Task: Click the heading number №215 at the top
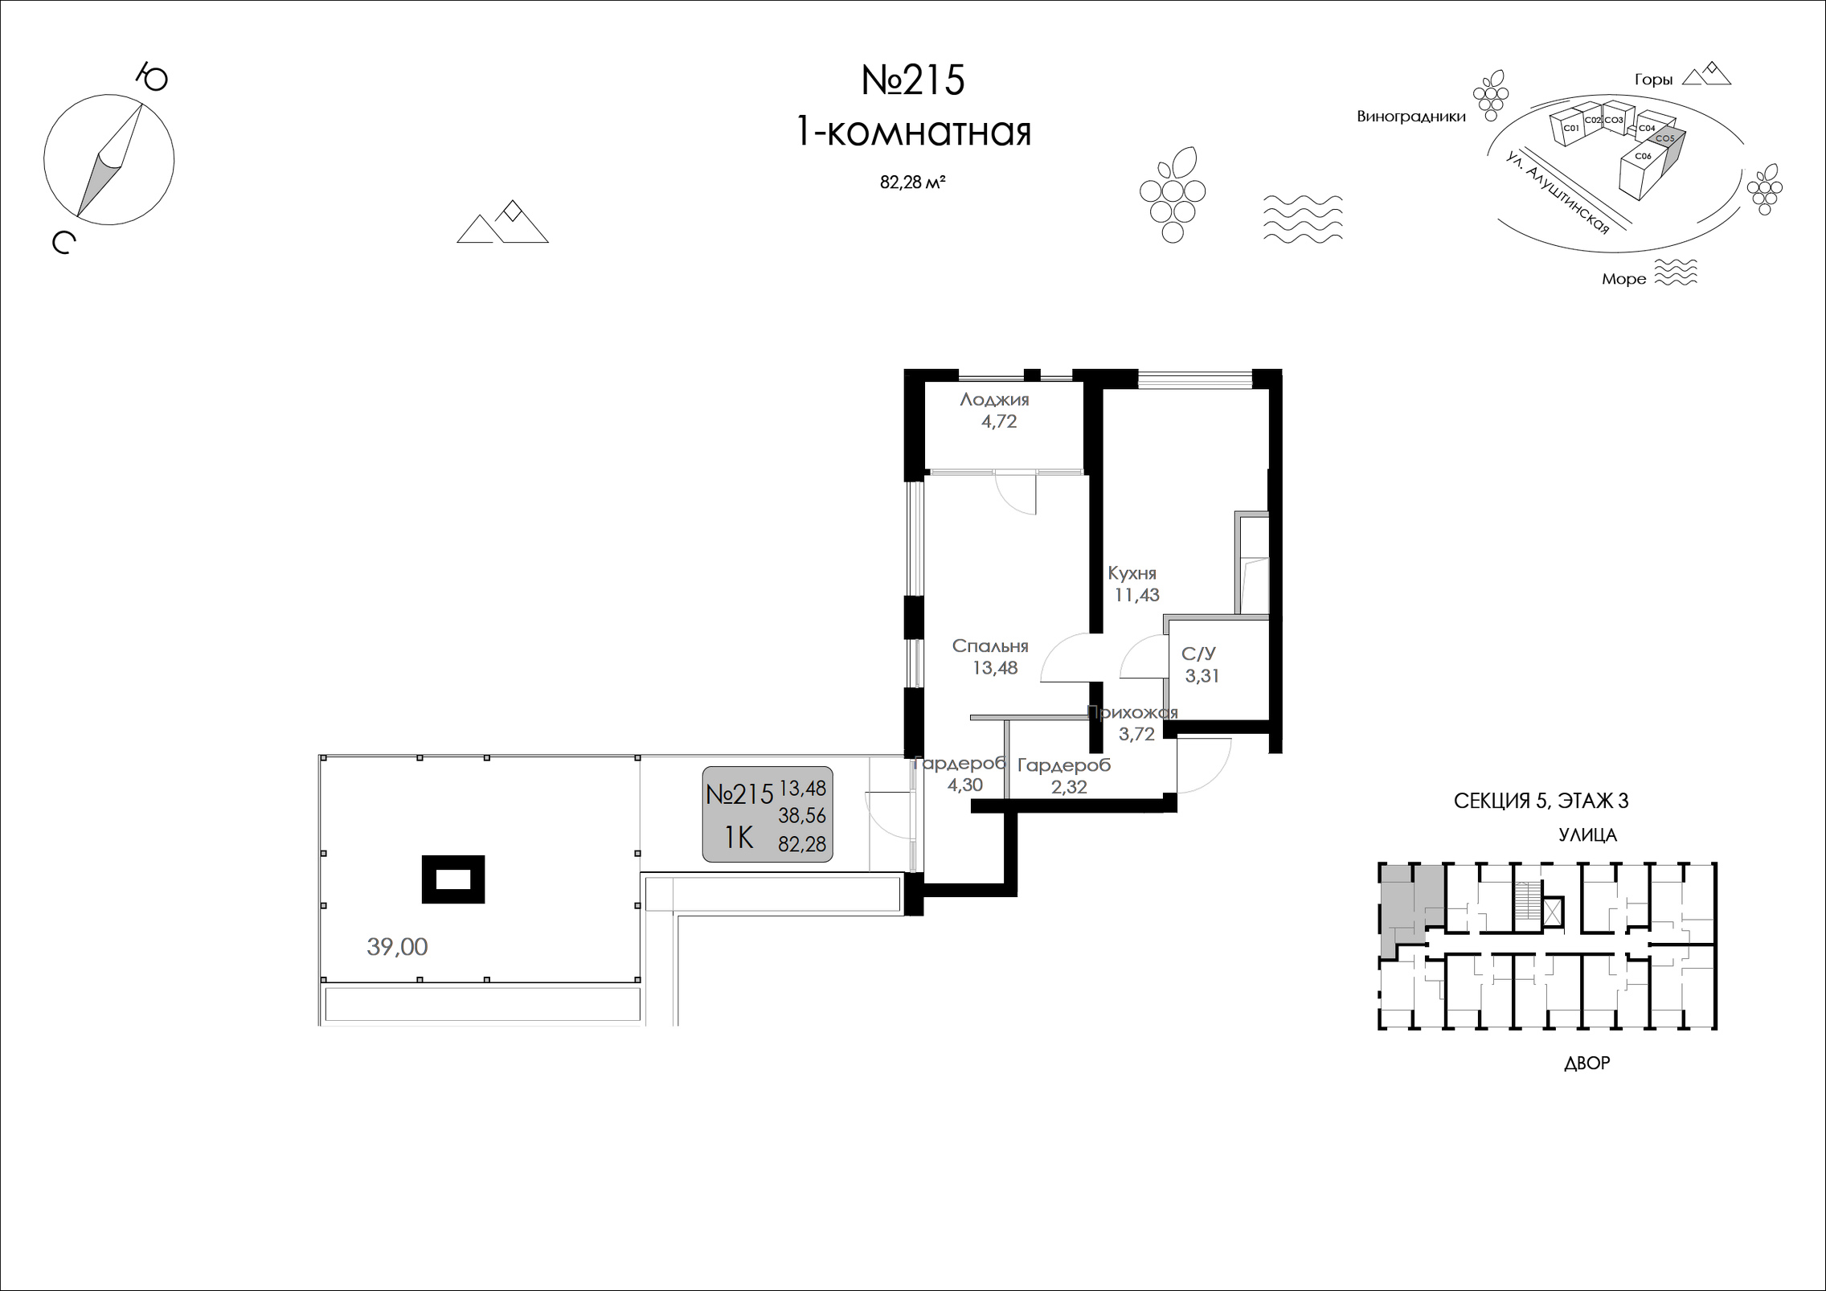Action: coord(913,80)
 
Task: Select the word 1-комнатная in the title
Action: coord(913,132)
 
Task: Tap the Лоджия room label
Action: coord(994,400)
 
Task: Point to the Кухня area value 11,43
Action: coord(1136,596)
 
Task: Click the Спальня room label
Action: coord(990,646)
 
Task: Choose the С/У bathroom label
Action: coord(1198,654)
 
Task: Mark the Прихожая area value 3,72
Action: coord(1136,733)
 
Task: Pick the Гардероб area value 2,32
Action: coord(1069,787)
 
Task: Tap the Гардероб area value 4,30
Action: coord(964,785)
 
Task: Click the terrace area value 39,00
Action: coord(397,947)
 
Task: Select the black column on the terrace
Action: coord(453,879)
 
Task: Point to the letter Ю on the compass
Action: coord(151,78)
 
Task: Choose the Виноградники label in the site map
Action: coord(1411,117)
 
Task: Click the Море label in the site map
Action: coord(1623,280)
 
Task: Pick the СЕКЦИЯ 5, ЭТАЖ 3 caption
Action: coord(1541,801)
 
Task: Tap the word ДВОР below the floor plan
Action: coord(1587,1064)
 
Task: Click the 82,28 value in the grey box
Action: coord(802,843)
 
